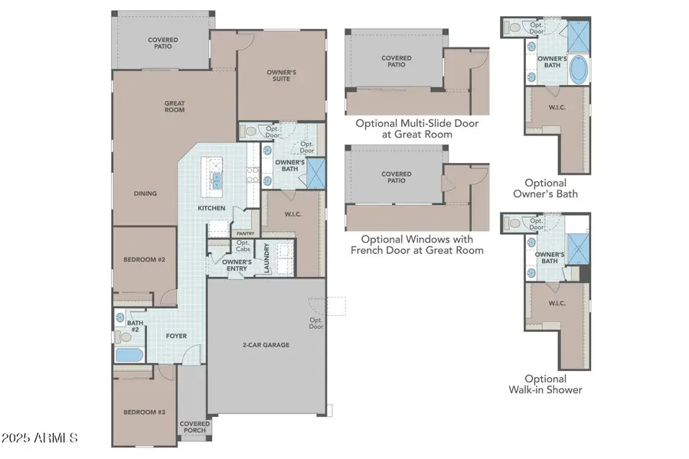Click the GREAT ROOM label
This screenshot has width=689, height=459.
175,106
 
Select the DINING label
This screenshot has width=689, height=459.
145,194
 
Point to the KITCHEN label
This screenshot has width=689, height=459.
211,208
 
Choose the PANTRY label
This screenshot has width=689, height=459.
245,234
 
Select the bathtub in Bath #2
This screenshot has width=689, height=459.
128,356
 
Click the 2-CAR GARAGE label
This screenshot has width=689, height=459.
266,345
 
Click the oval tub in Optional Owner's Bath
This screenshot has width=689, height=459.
579,70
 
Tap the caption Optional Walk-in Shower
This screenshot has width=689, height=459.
545,384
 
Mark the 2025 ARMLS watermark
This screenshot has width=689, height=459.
40,438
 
